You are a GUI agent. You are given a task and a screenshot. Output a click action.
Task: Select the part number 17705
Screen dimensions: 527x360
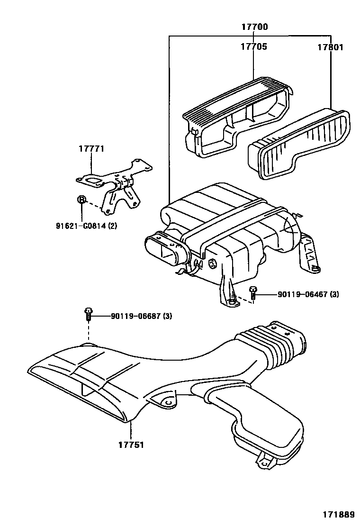253,46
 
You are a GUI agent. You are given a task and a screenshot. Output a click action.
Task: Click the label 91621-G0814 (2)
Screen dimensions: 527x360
86,226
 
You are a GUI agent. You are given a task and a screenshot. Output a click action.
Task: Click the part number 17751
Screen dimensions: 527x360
131,445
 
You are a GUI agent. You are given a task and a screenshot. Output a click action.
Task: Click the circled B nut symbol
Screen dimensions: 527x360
81,199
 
